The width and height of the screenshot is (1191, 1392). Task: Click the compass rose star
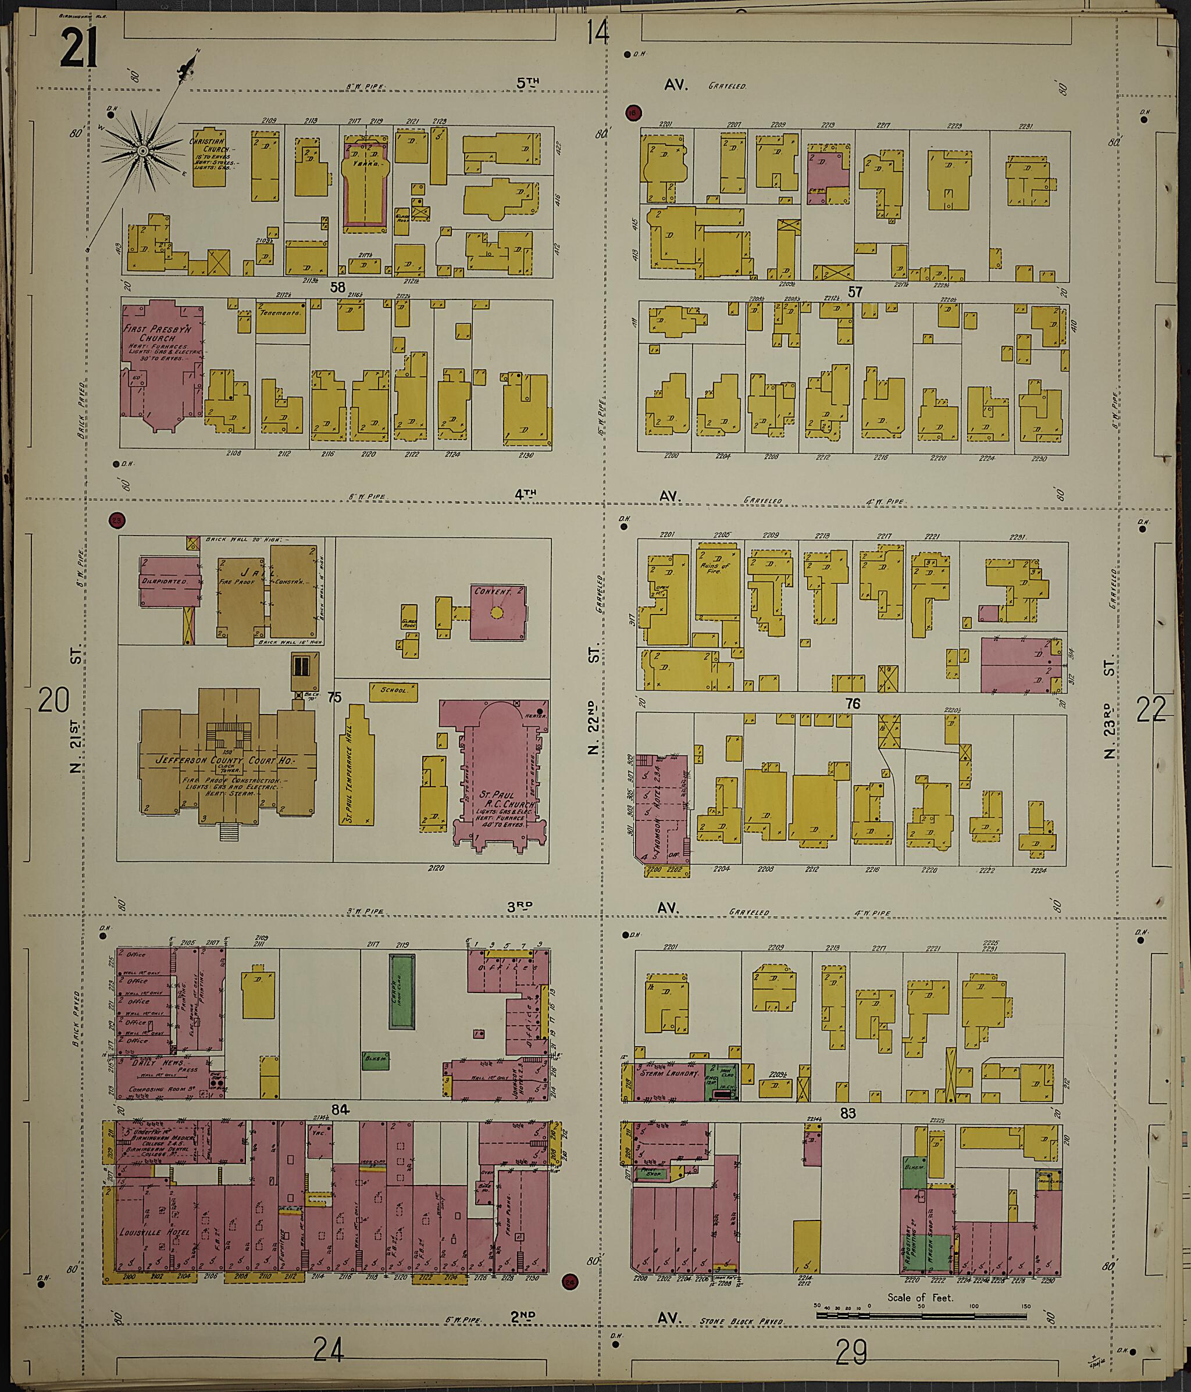142,152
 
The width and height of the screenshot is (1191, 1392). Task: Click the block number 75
333,698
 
